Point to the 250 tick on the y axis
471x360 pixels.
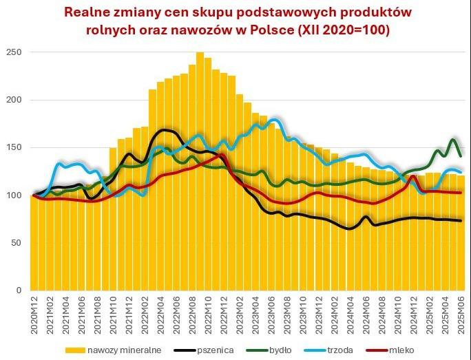click(x=14, y=52)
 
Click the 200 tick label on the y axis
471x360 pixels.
click(x=14, y=100)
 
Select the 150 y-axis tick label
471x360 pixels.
click(x=14, y=147)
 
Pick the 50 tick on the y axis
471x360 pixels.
click(x=17, y=243)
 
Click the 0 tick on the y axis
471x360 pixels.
click(x=19, y=290)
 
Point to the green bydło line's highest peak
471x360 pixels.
click(x=453, y=140)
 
